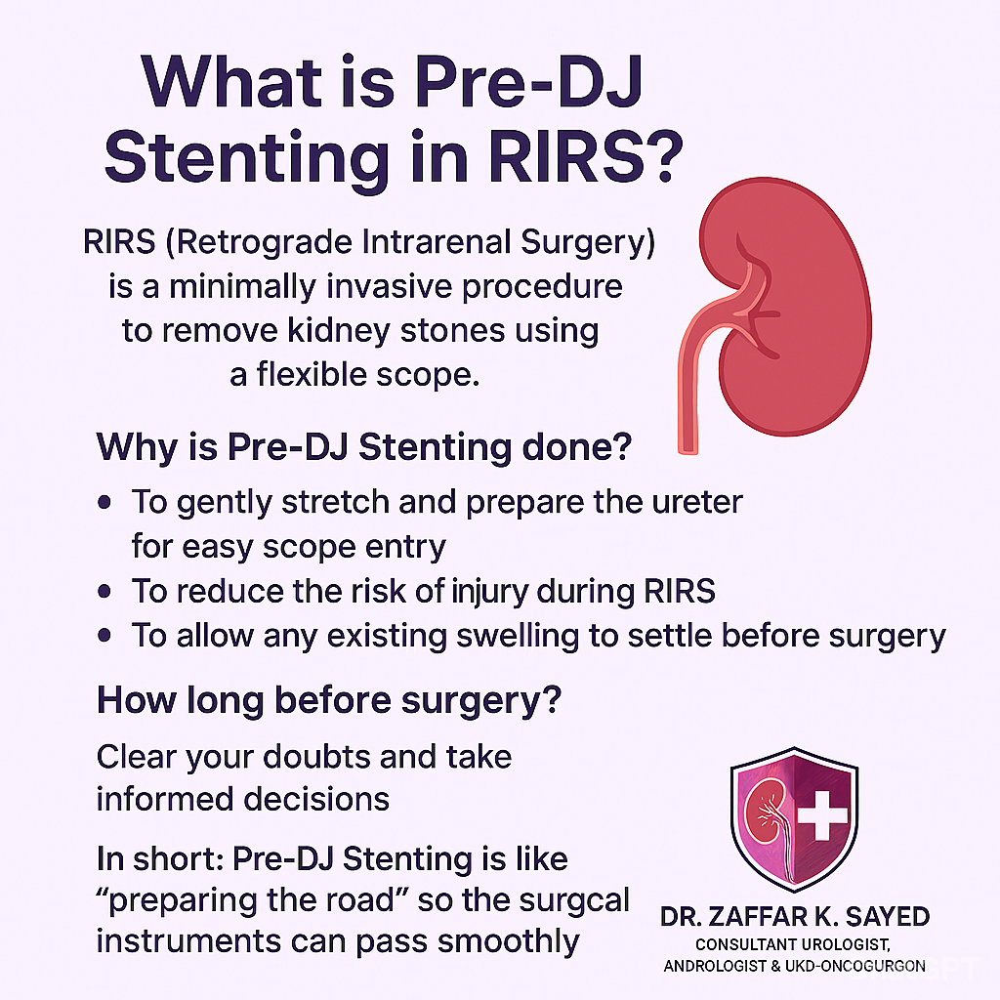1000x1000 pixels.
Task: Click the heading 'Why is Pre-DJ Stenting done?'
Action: coord(363,447)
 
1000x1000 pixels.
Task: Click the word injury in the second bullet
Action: coord(490,592)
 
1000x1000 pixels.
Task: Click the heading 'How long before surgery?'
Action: coord(329,700)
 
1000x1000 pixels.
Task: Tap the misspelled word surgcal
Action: coord(574,901)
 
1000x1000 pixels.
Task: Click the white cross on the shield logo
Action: coord(822,815)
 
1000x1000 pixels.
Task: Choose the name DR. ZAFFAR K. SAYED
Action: coord(795,917)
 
